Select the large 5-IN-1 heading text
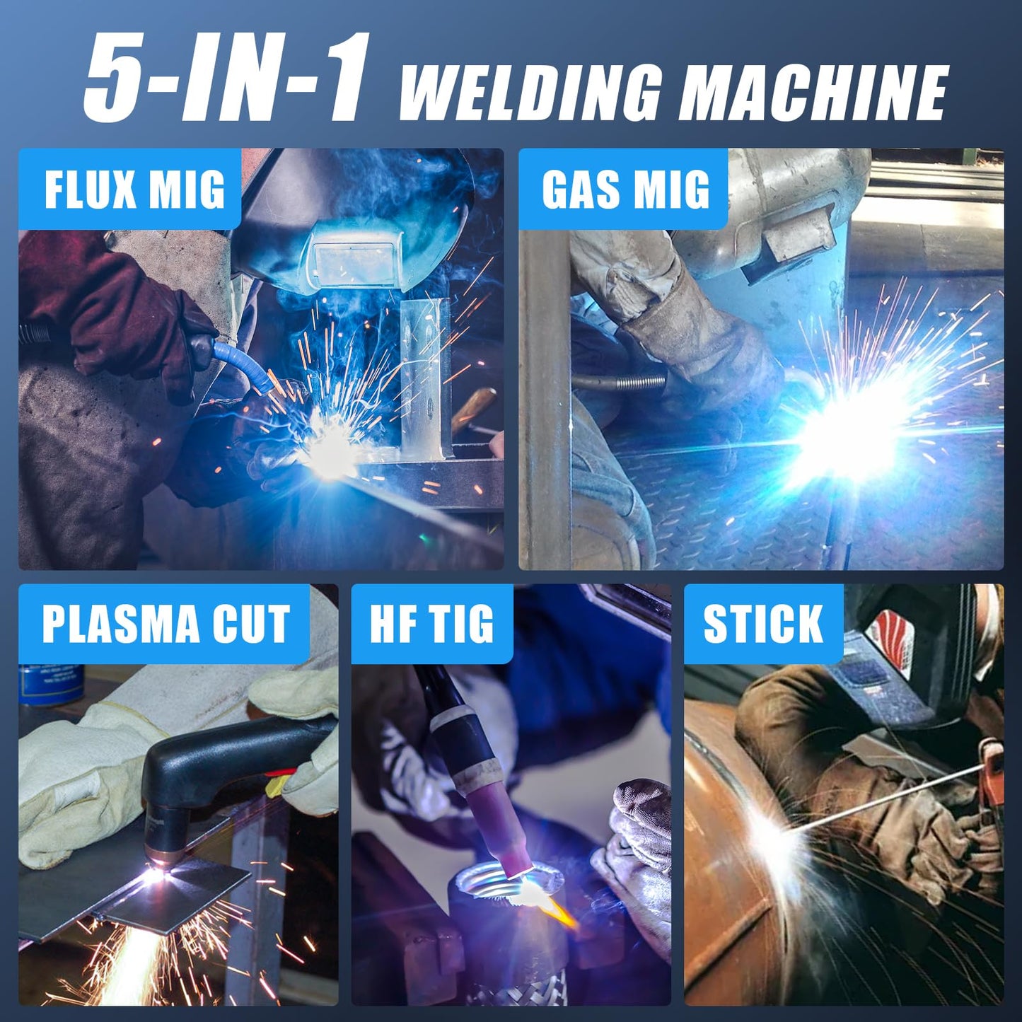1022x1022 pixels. tap(226, 78)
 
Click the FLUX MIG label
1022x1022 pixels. tap(134, 189)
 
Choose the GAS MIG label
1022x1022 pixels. tap(625, 189)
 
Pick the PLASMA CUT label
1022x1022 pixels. tap(166, 624)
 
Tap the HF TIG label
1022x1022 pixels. tap(431, 624)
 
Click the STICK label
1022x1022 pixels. tap(763, 624)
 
